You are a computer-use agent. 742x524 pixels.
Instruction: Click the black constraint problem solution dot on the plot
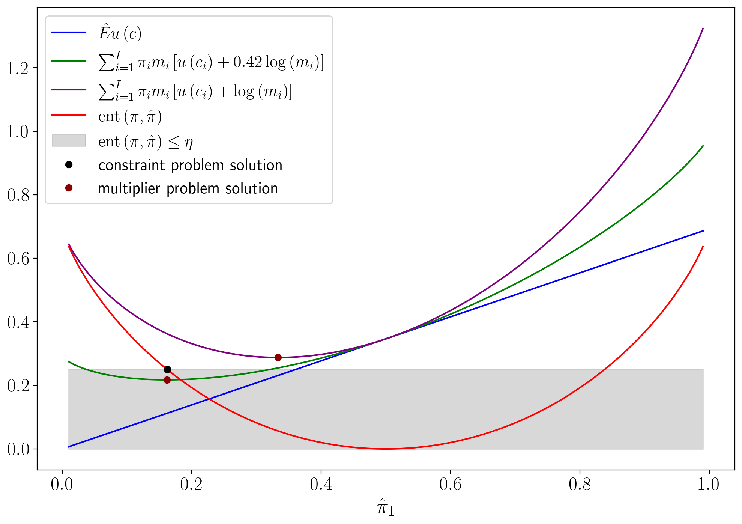(x=167, y=370)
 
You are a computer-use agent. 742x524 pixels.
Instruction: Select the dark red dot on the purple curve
(x=278, y=357)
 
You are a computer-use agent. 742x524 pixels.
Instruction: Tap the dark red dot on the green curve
(x=167, y=380)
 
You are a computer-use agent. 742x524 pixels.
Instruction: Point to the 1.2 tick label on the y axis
(x=18, y=68)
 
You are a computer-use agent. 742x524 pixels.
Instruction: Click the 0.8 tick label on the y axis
(x=18, y=195)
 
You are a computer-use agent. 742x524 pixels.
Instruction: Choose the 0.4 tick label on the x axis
(x=321, y=485)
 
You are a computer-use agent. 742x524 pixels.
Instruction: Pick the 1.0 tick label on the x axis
(x=709, y=485)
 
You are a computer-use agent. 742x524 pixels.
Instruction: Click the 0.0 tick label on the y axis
(x=18, y=449)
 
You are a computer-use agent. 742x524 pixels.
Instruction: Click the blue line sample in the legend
(x=69, y=33)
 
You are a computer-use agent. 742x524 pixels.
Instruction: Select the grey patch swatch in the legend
(x=69, y=141)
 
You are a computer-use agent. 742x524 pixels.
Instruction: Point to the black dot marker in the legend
(x=69, y=165)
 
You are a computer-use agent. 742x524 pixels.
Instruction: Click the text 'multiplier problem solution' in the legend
(x=188, y=188)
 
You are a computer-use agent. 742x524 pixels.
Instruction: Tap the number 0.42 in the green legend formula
(x=248, y=62)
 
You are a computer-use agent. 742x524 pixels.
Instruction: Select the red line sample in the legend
(x=69, y=116)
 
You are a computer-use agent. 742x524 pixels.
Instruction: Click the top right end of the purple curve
(x=703, y=28)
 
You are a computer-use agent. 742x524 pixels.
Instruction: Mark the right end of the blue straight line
(x=703, y=231)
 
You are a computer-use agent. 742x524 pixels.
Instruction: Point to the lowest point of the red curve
(x=386, y=449)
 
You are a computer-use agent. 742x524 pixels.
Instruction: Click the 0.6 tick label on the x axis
(x=450, y=485)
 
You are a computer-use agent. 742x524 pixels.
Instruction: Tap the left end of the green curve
(x=69, y=361)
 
